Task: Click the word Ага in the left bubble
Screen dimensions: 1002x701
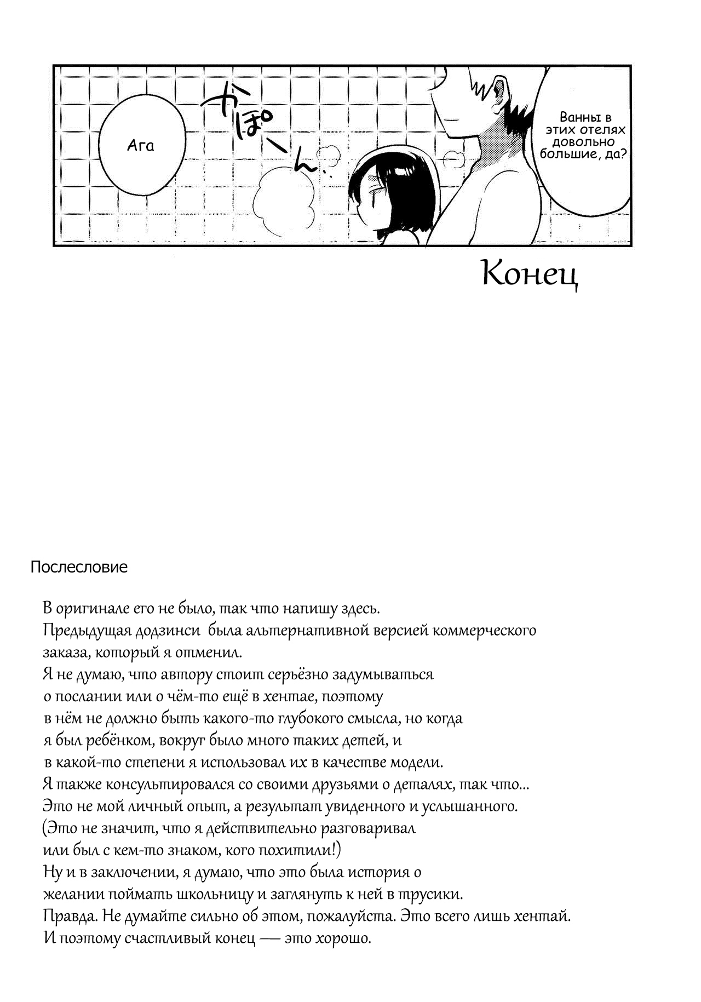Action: [141, 146]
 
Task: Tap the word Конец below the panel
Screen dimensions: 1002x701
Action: [530, 274]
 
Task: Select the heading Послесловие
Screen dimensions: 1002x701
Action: [79, 567]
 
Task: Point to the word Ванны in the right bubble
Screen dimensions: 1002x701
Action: [574, 117]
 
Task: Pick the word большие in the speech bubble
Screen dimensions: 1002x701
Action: [567, 154]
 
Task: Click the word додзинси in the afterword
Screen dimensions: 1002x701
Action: [162, 631]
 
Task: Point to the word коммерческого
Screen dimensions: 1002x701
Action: [484, 631]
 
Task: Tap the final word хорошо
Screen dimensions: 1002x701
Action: [344, 938]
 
